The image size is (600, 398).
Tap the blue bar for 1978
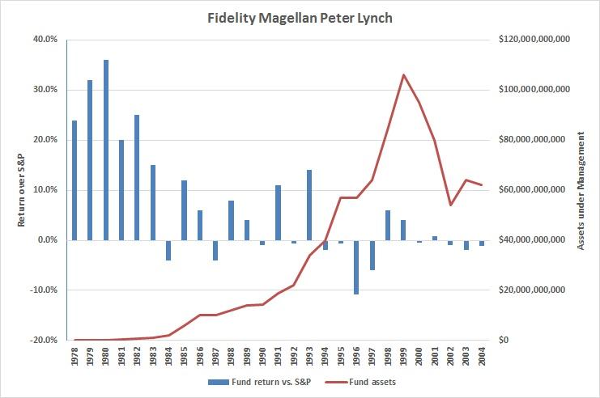(74, 180)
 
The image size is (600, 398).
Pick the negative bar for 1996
(355, 267)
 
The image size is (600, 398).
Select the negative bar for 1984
(168, 250)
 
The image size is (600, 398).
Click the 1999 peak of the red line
(402, 75)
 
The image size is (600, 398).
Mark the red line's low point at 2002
(449, 205)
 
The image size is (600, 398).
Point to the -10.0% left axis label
(44, 290)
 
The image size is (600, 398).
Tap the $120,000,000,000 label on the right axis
(534, 39)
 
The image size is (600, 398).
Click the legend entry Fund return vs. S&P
(254, 381)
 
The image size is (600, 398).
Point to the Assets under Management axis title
(581, 189)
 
